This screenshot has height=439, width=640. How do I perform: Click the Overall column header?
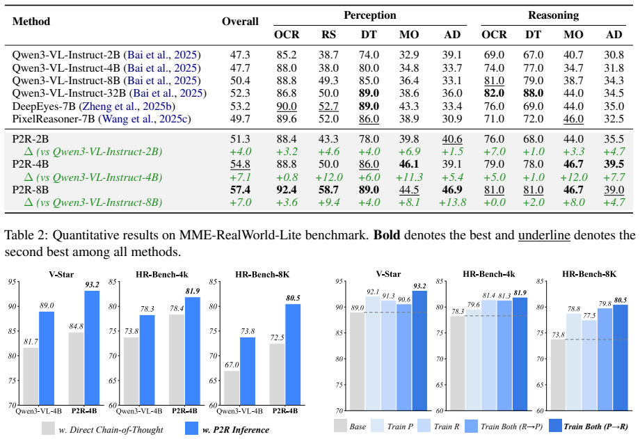[x=240, y=22]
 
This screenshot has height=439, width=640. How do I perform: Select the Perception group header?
[x=370, y=15]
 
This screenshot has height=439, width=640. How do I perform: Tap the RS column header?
[x=328, y=34]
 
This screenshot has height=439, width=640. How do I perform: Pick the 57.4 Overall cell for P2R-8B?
[x=240, y=190]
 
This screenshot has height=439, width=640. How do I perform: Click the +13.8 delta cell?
[x=452, y=202]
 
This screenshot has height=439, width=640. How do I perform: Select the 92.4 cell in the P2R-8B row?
[x=287, y=190]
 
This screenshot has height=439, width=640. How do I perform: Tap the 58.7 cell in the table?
[x=328, y=190]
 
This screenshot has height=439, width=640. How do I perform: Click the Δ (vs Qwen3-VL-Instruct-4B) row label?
[x=93, y=177]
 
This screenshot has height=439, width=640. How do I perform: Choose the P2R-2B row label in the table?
[x=31, y=139]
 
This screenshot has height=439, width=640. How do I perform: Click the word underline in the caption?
[x=544, y=235]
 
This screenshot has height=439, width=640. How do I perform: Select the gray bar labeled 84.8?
[x=77, y=368]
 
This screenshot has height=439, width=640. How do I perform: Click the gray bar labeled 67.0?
[x=232, y=388]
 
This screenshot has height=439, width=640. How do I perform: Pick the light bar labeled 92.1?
[x=373, y=353]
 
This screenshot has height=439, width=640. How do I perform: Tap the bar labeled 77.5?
[x=589, y=365]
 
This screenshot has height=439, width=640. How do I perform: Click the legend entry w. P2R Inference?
[x=227, y=429]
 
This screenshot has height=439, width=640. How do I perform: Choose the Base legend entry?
[x=350, y=426]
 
